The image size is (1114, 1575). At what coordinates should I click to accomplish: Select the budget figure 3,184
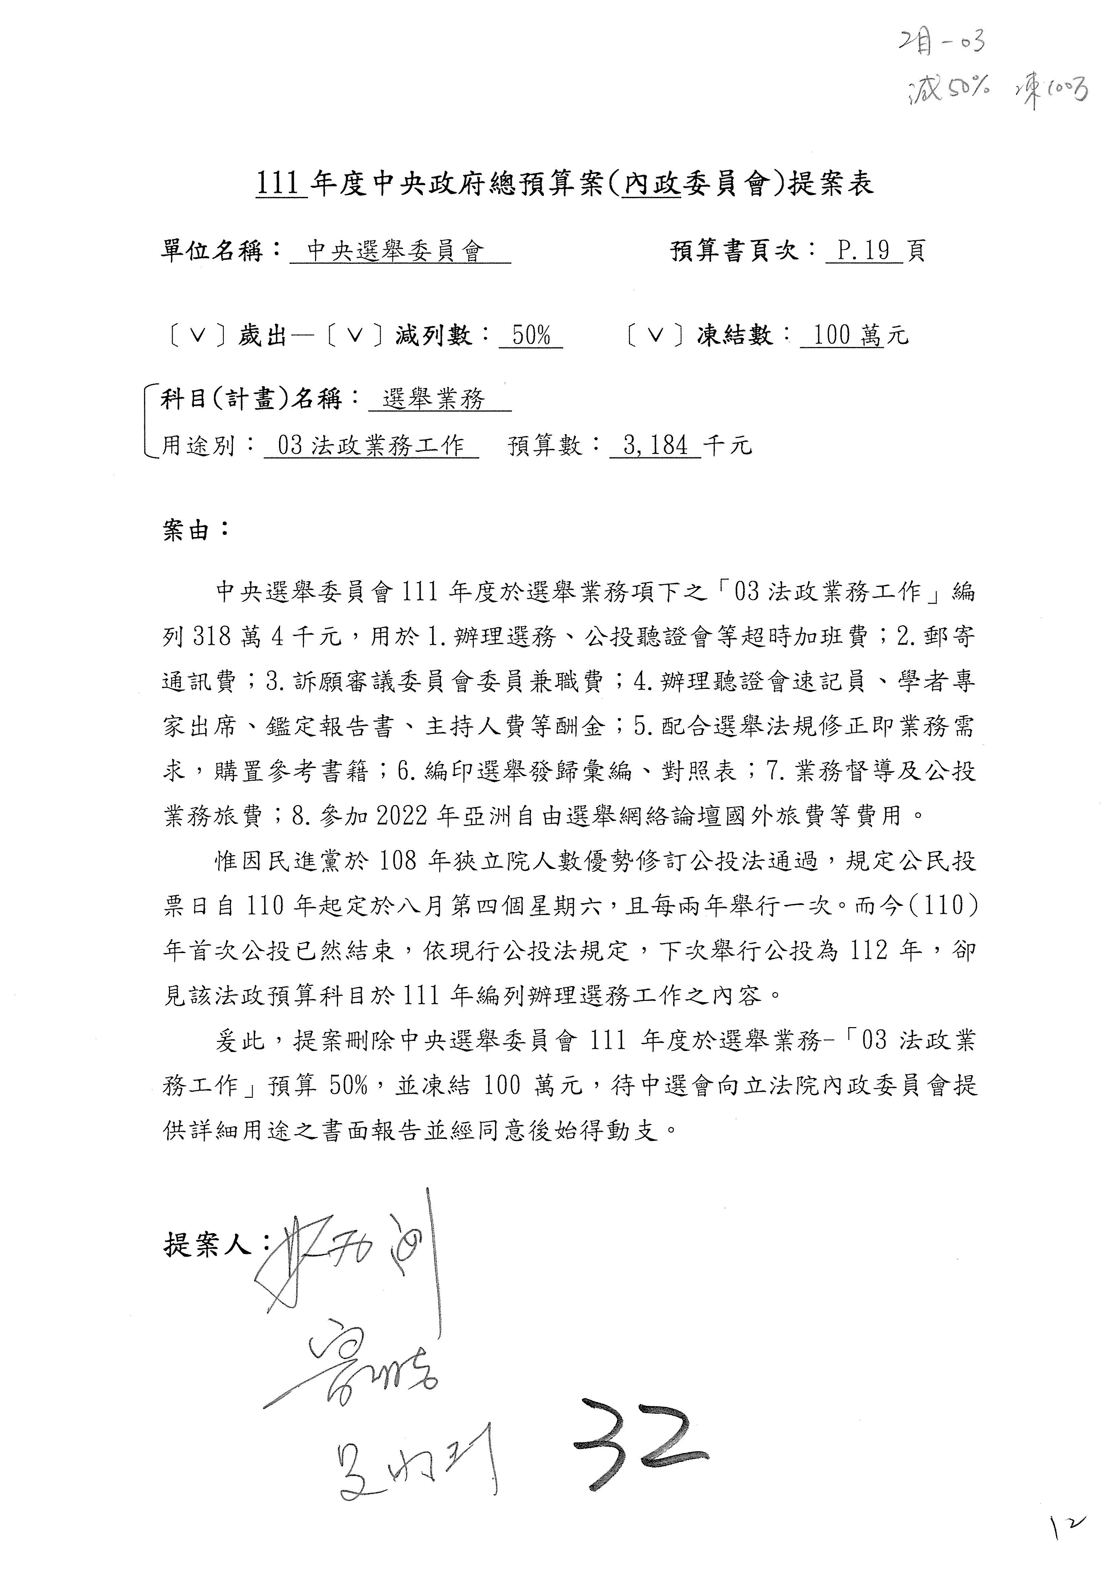click(655, 446)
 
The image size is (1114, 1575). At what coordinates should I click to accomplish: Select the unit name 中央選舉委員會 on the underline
click(396, 251)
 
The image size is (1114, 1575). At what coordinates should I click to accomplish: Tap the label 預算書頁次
click(735, 251)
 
